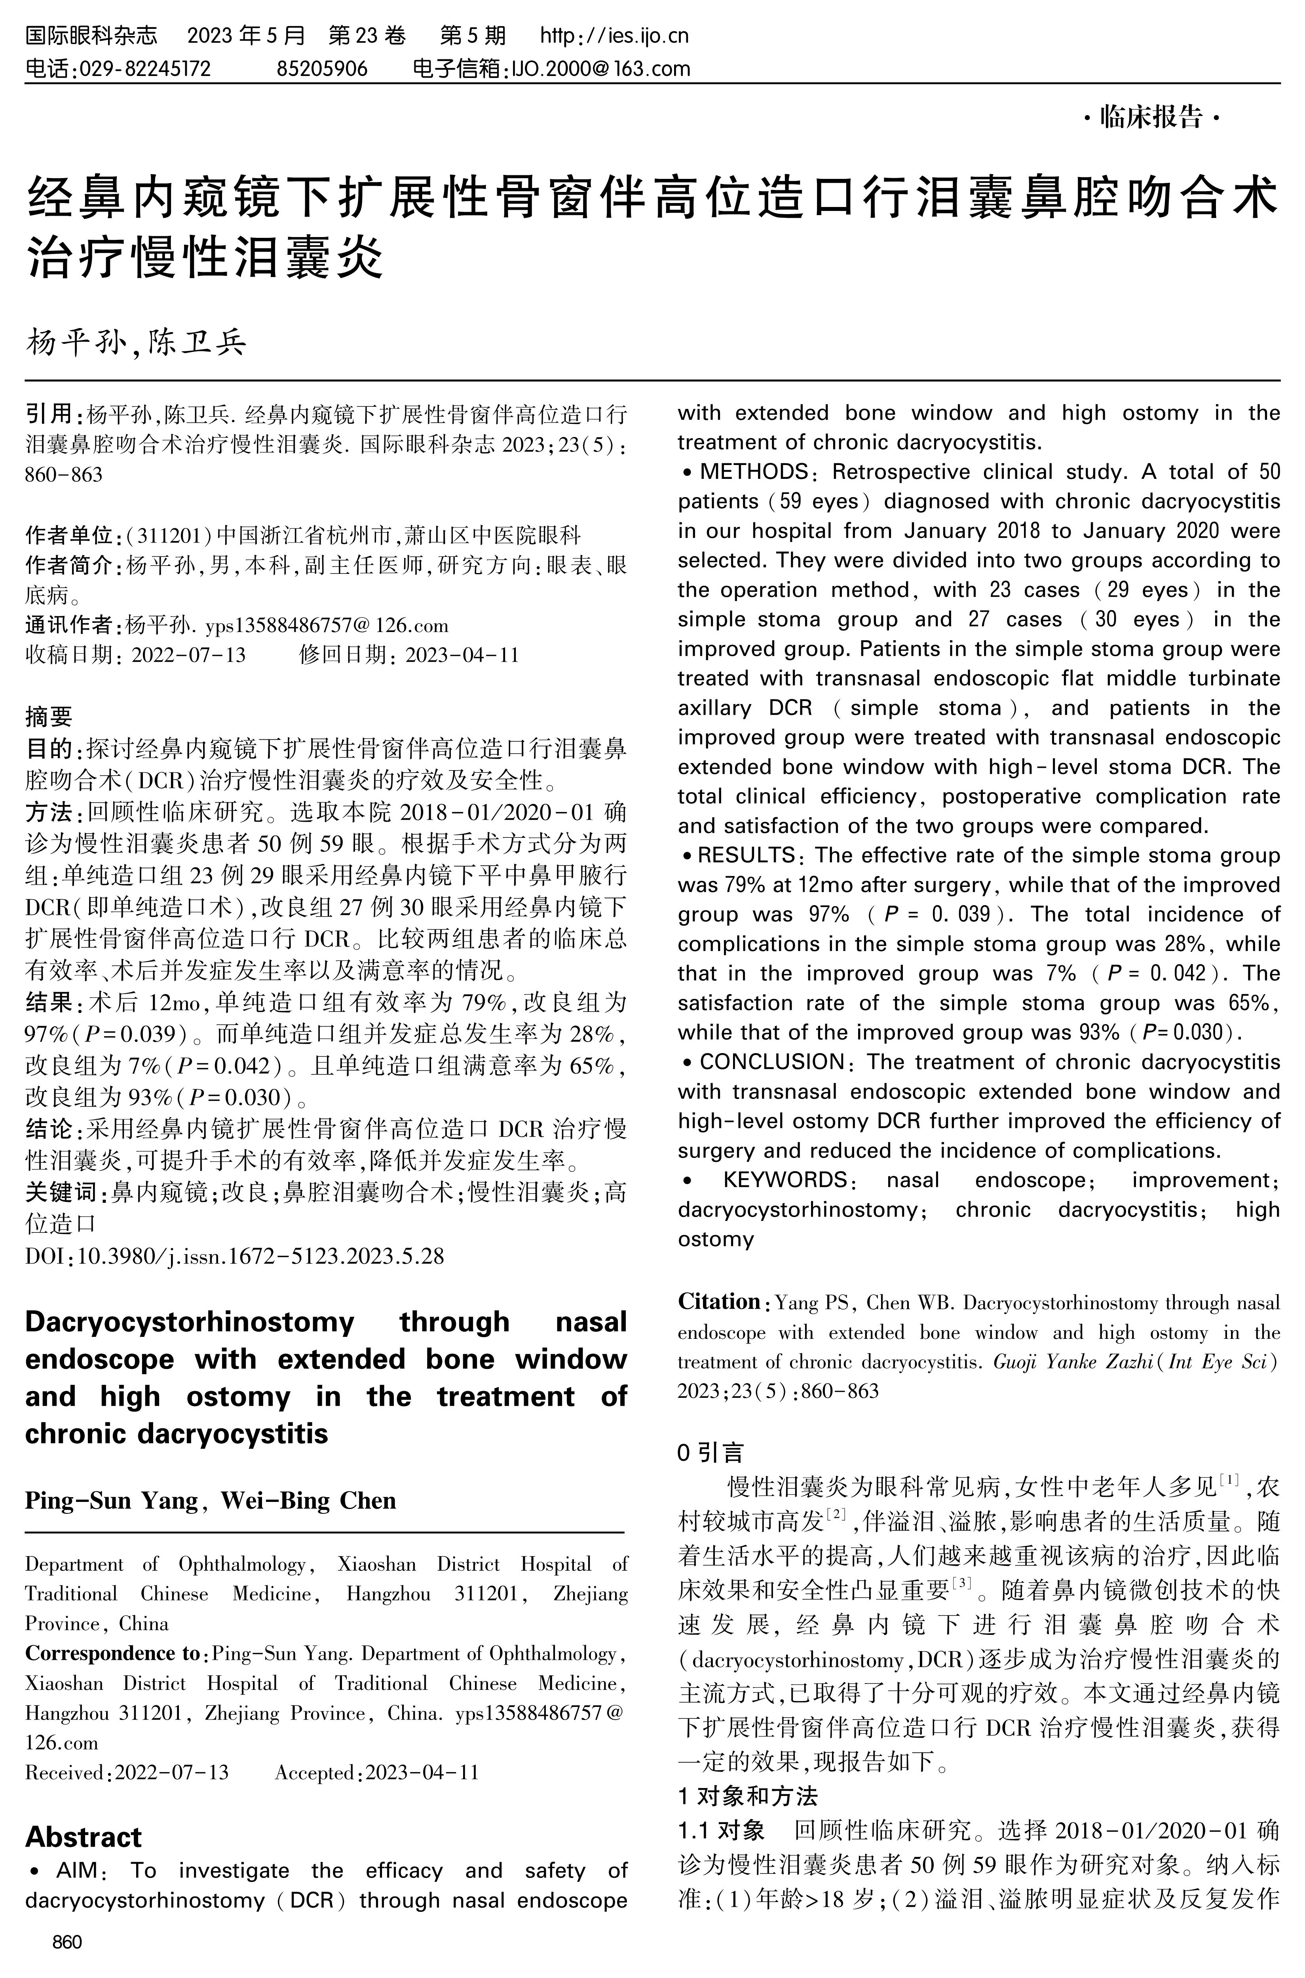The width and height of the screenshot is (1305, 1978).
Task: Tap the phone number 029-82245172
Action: click(143, 68)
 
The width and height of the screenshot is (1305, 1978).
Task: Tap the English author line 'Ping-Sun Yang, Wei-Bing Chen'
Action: click(211, 1500)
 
